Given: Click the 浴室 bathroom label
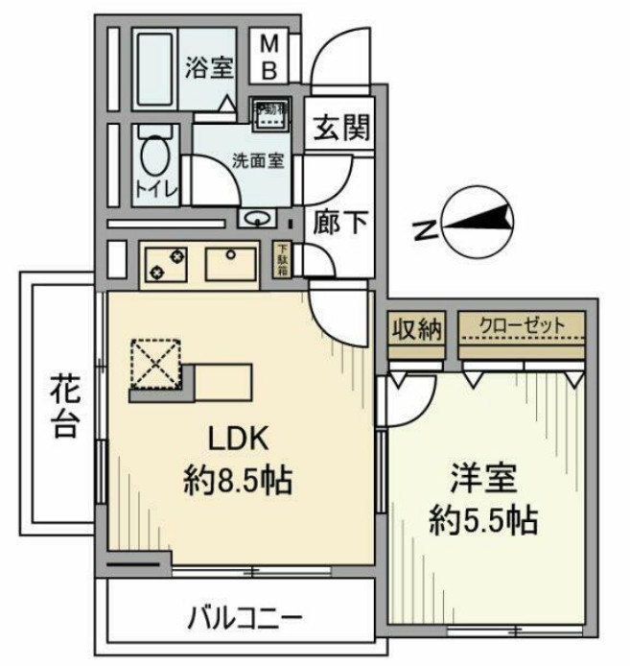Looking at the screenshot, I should point(209,68).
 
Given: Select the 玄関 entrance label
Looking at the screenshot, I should point(339,129).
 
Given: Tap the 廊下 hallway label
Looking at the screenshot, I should point(339,223).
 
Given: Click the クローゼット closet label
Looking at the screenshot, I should point(522,324).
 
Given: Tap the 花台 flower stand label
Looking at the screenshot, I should point(64,408).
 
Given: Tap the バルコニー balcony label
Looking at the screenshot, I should point(244,613).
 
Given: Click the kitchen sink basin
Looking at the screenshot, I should point(229,262).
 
